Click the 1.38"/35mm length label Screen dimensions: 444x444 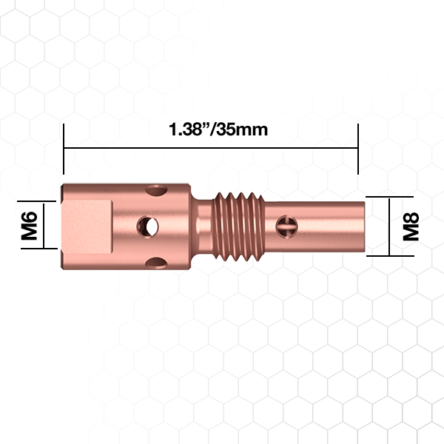218,129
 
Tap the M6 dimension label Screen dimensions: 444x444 29,226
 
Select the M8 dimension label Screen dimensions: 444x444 411,226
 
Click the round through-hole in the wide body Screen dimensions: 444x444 147,227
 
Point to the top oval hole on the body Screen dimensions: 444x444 156,190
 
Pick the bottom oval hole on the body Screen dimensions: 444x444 156,263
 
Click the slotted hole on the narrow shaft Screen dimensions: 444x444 286,227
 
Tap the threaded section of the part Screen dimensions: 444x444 239,227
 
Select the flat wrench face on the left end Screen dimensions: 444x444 87,227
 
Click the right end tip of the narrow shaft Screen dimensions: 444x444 364,227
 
